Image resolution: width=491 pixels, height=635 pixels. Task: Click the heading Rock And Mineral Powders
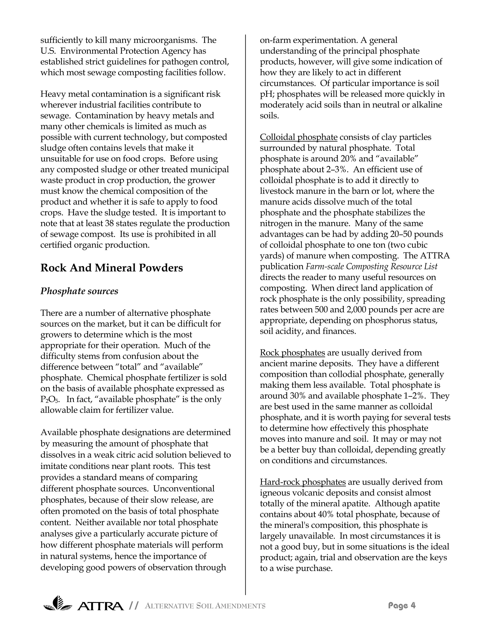tap(112, 268)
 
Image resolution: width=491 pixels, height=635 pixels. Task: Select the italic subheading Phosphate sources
tap(79, 291)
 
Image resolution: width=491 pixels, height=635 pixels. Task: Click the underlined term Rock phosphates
tap(292, 352)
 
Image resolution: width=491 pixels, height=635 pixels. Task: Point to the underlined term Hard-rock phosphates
tap(303, 482)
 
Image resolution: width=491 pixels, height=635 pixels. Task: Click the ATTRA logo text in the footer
tap(100, 606)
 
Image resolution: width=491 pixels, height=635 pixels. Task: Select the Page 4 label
tap(402, 605)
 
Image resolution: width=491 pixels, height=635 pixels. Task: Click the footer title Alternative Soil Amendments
tap(205, 606)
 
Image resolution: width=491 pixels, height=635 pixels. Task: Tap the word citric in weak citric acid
tap(137, 455)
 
